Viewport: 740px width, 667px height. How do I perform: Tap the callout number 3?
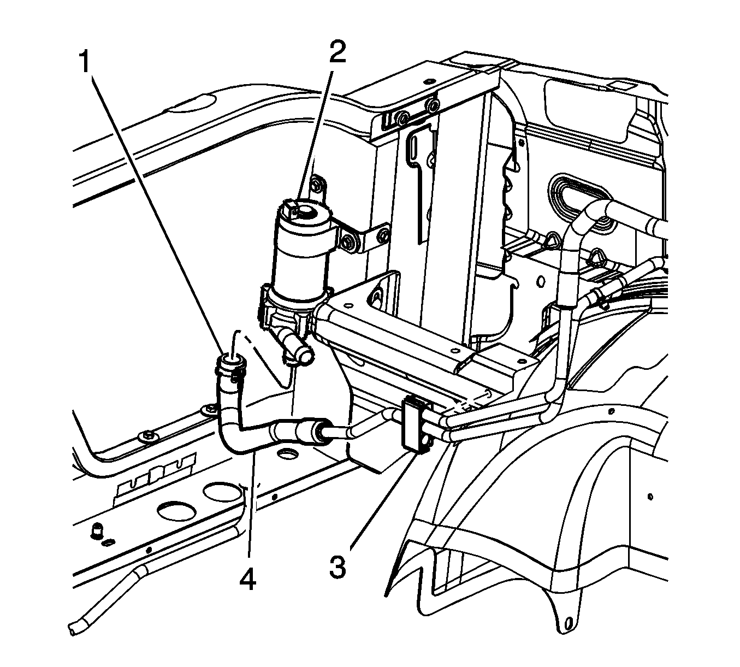point(337,566)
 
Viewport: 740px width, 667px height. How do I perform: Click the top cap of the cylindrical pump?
point(303,211)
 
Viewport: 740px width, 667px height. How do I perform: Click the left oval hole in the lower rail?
point(176,512)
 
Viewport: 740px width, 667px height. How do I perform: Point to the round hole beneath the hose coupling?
point(287,452)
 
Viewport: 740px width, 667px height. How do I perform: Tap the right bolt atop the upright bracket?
point(434,104)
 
